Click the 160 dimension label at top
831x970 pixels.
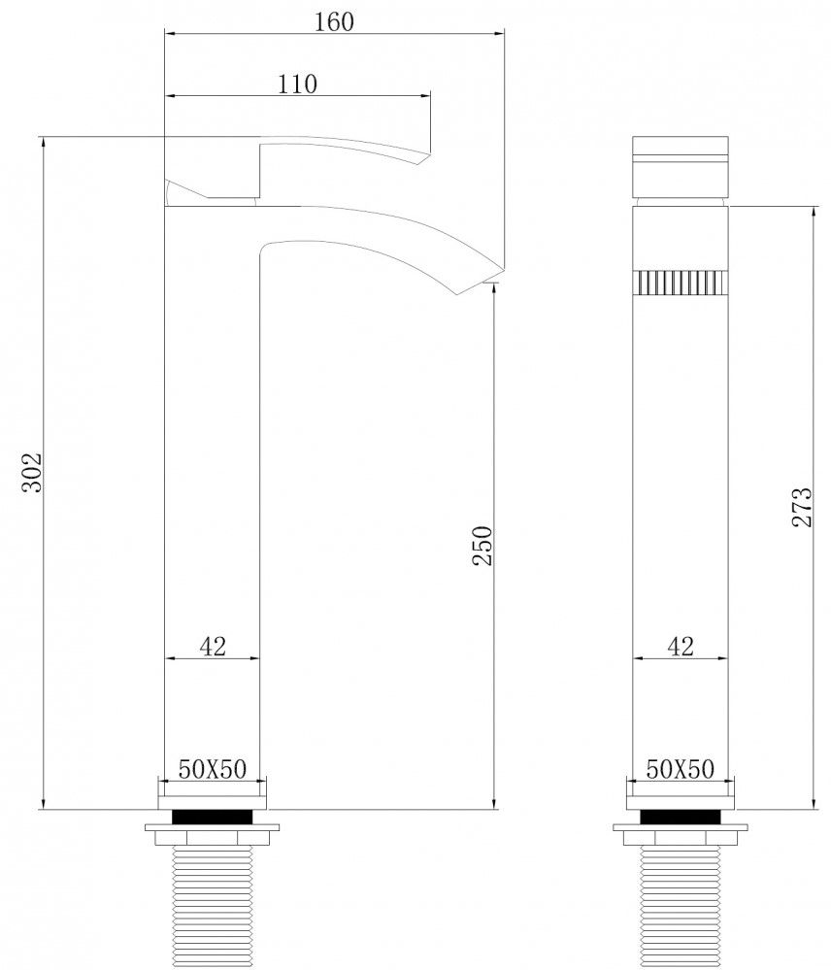pos(334,21)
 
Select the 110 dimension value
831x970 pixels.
pos(297,84)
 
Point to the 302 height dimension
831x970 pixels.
pos(31,473)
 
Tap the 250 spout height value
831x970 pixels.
pos(482,545)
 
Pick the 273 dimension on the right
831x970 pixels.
pos(801,507)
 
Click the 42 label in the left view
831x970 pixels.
pos(213,647)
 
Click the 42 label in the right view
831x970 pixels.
pos(681,647)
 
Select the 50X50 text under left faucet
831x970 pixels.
pos(212,769)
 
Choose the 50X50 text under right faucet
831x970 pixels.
pos(680,769)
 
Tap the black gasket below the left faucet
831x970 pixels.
pos(212,817)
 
